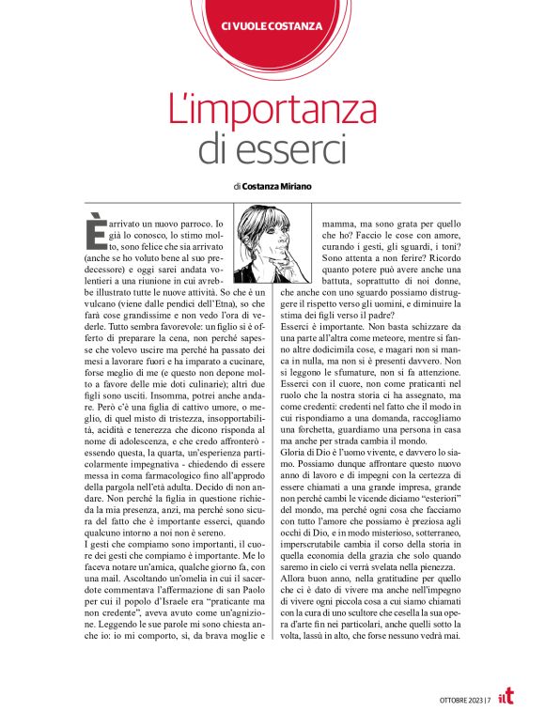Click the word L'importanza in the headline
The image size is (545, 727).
coord(272,110)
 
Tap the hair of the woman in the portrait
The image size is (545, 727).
coord(262,226)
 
